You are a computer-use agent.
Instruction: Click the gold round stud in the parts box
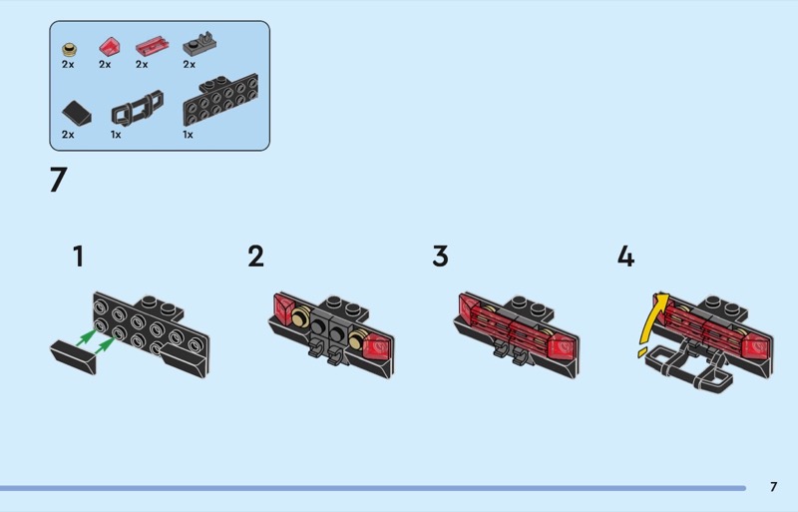[69, 50]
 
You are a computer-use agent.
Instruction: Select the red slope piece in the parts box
[110, 46]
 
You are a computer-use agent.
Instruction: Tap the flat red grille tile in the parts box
[152, 45]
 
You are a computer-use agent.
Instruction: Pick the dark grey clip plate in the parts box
[199, 44]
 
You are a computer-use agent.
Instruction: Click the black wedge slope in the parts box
[77, 113]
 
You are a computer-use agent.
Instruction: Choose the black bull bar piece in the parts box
[138, 108]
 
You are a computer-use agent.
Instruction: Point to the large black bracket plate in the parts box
[220, 100]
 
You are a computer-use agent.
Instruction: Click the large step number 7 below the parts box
[59, 180]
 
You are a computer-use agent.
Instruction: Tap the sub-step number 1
[78, 256]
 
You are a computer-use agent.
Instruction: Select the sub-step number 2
[256, 256]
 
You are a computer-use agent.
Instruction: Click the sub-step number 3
[441, 256]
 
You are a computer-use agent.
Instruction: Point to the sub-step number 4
[626, 256]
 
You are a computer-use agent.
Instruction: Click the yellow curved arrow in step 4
[649, 321]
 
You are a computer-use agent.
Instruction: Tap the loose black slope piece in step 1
[73, 357]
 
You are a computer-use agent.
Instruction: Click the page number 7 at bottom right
[774, 486]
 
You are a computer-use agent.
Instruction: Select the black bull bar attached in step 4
[689, 369]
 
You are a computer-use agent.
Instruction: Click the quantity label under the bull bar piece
[116, 135]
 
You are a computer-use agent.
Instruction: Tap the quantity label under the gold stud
[68, 64]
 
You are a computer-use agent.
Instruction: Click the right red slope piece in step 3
[562, 347]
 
